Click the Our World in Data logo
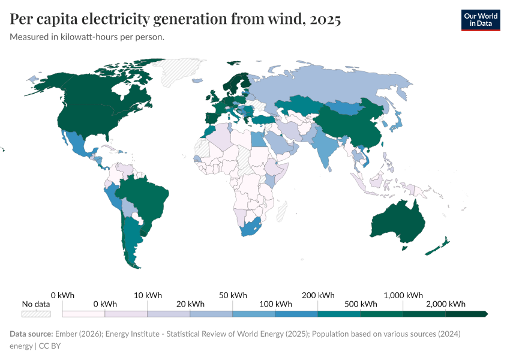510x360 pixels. click(480, 20)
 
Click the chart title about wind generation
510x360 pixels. click(175, 19)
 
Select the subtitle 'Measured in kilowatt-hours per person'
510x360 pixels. click(87, 37)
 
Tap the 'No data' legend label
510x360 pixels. click(36, 304)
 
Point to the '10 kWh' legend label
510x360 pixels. click(148, 295)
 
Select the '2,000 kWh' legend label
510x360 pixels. click(446, 304)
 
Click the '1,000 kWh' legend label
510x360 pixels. click(403, 295)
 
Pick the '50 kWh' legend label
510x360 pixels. click(233, 295)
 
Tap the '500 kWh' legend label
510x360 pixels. click(361, 304)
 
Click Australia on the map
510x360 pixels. click(398, 222)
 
